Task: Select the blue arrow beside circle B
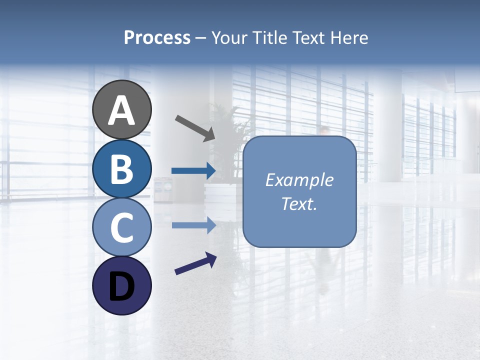point(193,171)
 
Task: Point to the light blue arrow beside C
point(193,225)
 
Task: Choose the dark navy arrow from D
point(195,264)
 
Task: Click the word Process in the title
point(157,38)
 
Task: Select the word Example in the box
point(299,180)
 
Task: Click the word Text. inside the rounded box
point(299,204)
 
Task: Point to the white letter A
point(122,111)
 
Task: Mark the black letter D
point(122,287)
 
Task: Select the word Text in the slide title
point(308,38)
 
